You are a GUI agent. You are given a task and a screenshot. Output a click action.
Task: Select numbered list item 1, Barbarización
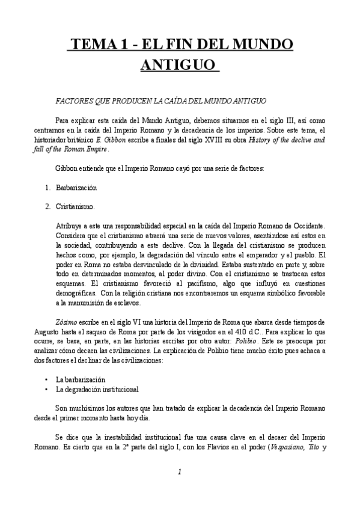(76, 188)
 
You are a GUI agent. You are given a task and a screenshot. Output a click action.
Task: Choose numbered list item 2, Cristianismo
(75, 206)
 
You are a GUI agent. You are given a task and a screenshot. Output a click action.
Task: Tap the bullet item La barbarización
(80, 379)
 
